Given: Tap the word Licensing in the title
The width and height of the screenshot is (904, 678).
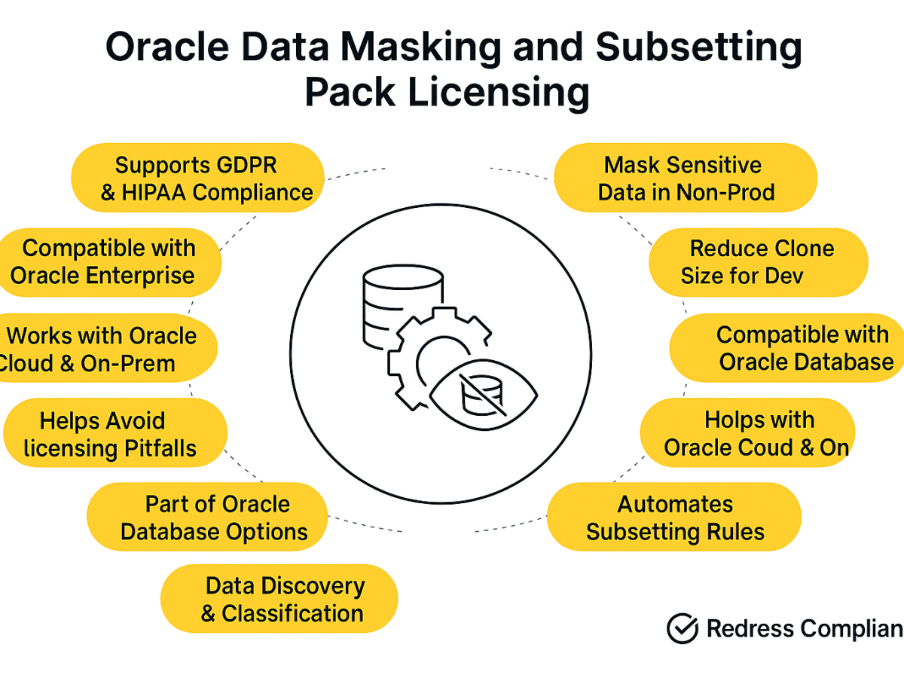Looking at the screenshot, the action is click(499, 93).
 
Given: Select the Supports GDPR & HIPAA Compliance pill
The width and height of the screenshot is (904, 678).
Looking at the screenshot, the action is click(197, 178).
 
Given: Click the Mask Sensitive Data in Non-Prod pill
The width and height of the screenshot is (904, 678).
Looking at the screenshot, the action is click(686, 178).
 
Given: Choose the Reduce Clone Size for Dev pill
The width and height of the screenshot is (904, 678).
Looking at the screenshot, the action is click(759, 262).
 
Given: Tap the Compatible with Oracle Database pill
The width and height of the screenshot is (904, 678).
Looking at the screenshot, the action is click(787, 348).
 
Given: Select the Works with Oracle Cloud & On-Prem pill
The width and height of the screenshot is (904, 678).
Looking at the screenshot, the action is click(108, 348).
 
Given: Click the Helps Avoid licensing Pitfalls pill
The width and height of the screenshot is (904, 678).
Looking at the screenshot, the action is click(115, 432).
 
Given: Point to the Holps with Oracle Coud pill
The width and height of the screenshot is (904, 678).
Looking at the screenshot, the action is click(747, 432).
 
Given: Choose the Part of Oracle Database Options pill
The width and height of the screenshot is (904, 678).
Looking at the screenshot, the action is click(207, 517).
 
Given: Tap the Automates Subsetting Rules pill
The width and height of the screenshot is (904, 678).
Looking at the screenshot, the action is click(674, 517).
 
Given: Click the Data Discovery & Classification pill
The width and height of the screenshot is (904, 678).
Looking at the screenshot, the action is click(279, 599).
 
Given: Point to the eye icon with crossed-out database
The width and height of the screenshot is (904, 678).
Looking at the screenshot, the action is click(484, 395).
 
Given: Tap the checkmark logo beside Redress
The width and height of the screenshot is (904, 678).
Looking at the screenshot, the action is click(683, 628).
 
